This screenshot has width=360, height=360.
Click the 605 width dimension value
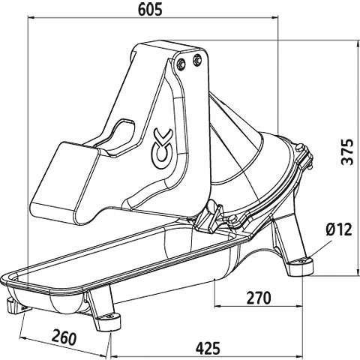[150, 10]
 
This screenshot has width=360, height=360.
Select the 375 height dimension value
[348, 151]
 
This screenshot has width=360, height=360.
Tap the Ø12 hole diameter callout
[339, 229]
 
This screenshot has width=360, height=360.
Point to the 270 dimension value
[259, 298]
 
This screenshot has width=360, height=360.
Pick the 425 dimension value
[208, 348]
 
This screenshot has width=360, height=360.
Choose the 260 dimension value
[64, 337]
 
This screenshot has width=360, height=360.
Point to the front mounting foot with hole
[108, 320]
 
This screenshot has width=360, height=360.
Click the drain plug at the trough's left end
[15, 305]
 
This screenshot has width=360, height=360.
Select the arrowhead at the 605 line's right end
[275, 17]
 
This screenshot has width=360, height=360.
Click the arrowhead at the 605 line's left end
[31, 17]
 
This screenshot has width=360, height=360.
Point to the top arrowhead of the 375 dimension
[358, 43]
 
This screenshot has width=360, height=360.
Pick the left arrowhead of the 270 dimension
[218, 306]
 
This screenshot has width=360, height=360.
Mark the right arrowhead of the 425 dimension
[299, 355]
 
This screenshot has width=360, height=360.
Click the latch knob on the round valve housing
[299, 147]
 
